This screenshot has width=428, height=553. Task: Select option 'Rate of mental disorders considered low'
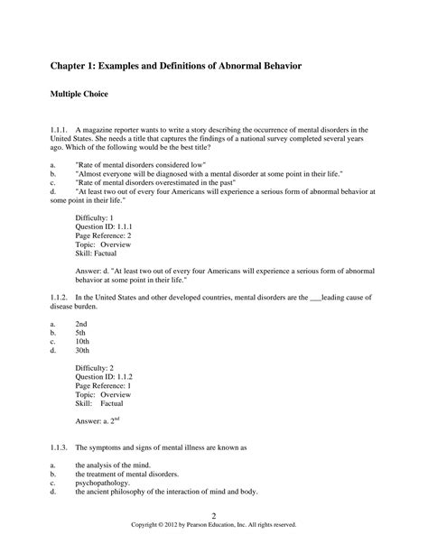pos(141,166)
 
